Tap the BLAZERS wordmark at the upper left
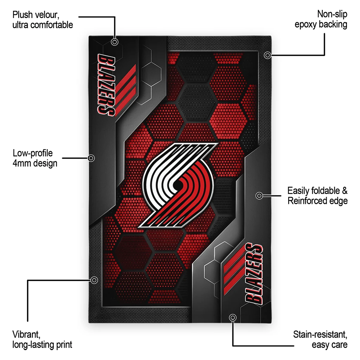[106, 85]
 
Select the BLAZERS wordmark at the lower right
[254, 274]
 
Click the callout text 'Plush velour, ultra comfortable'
[43, 20]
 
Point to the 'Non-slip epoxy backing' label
[321, 19]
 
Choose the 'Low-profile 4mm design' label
[35, 158]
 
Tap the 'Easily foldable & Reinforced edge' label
[317, 195]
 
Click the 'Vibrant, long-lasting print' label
[42, 339]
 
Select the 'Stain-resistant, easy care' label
[320, 339]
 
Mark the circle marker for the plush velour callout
[115, 42]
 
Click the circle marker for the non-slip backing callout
[268, 55]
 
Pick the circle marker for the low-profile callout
[91, 158]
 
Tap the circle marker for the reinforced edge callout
[259, 195]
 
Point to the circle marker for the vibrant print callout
[94, 280]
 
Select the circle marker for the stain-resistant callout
[232, 318]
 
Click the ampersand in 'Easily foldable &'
[344, 191]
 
